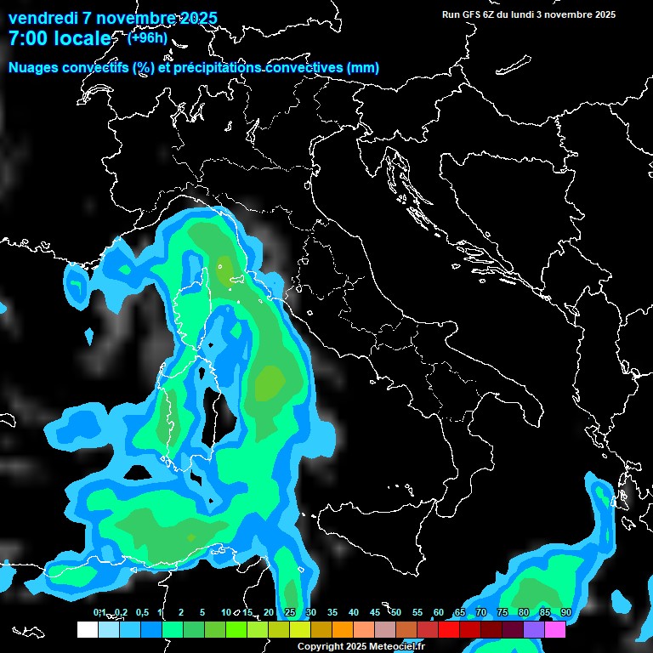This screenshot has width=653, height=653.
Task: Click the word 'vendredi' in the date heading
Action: (42, 18)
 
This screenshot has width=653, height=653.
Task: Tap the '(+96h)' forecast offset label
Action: (146, 38)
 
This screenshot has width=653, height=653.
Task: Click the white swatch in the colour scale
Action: (87, 630)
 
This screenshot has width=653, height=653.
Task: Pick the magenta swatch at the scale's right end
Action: (555, 630)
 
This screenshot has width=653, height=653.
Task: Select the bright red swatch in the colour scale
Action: (449, 630)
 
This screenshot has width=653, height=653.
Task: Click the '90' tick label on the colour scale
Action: (566, 613)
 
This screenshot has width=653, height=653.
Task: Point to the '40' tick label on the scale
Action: (354, 613)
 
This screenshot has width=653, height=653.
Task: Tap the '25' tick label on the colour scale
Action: (290, 613)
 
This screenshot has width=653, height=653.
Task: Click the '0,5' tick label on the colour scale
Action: (141, 613)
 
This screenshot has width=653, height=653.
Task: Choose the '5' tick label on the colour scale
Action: (202, 613)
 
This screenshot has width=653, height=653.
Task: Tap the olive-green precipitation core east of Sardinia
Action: (270, 383)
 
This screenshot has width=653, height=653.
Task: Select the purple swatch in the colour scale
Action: (534, 630)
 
